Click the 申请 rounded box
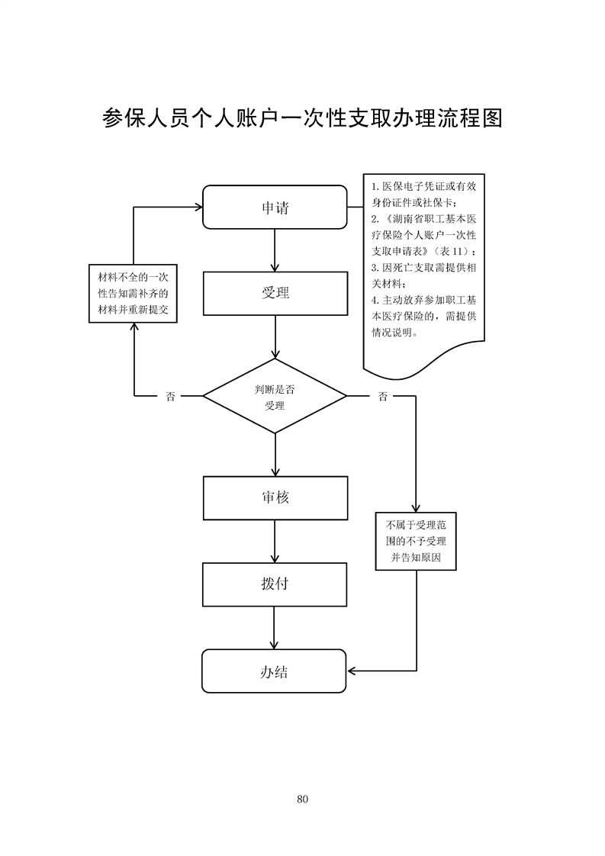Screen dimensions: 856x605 click(x=275, y=207)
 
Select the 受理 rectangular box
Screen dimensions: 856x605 click(x=275, y=294)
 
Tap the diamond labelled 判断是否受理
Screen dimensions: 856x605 click(x=275, y=397)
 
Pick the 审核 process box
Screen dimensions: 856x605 click(x=275, y=497)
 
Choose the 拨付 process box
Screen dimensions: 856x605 click(x=275, y=584)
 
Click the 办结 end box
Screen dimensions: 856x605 click(x=275, y=671)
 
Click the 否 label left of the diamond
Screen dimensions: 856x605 click(x=169, y=397)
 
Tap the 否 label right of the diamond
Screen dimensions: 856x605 click(x=382, y=397)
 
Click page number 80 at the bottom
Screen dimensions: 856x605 click(x=302, y=799)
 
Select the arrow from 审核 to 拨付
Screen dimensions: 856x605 click(x=275, y=541)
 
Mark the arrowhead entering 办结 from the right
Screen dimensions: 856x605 click(x=352, y=671)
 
